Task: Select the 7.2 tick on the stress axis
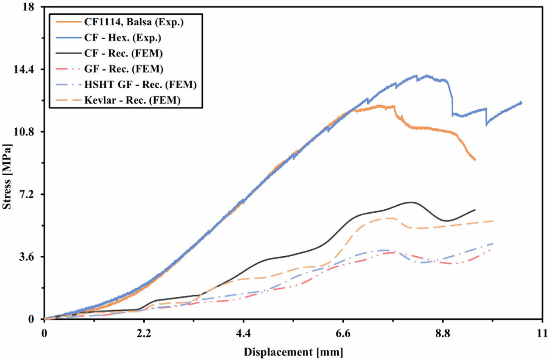[30, 194]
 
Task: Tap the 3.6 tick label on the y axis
[30, 257]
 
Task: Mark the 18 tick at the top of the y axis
[33, 7]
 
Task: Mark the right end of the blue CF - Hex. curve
[521, 103]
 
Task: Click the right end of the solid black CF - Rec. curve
[474, 210]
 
